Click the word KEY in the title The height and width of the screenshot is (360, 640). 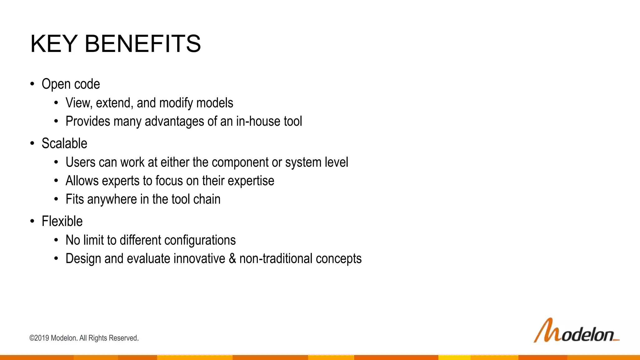coord(54,44)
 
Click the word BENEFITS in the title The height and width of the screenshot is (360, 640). coord(143,44)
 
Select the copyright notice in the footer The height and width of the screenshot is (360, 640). coord(84,338)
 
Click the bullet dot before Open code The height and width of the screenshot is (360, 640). coord(32,84)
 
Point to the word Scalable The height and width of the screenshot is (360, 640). coord(64,143)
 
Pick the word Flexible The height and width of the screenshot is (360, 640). coord(62,221)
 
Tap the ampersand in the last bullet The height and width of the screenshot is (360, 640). coord(232,259)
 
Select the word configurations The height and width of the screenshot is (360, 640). coord(200,240)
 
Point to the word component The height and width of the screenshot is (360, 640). coord(240,162)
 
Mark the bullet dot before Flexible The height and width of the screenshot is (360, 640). coord(32,221)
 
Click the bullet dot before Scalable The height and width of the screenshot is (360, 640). coord(32,143)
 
